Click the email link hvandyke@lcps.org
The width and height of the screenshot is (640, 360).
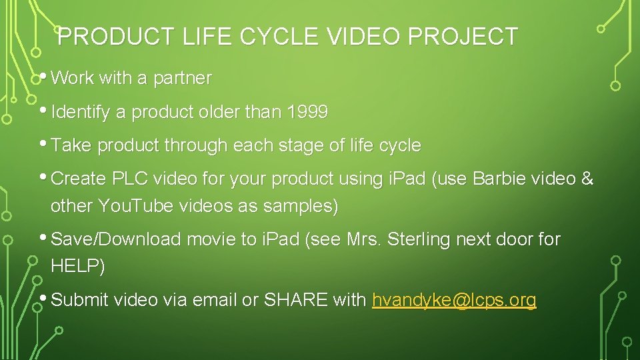(x=454, y=300)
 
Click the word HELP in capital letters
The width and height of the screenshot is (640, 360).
(x=74, y=267)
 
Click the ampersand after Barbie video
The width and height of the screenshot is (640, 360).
(x=587, y=179)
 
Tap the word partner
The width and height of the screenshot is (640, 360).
(x=182, y=78)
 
